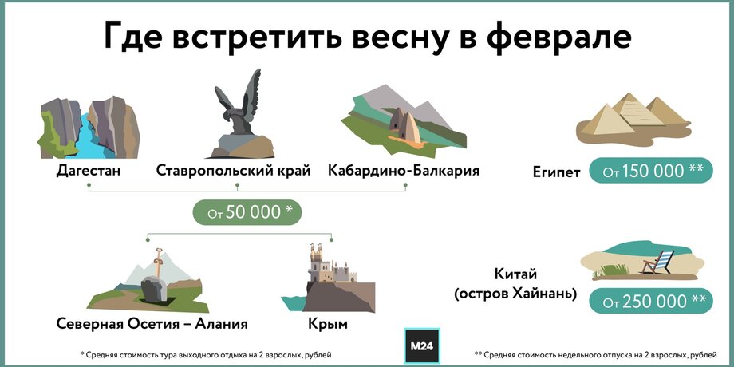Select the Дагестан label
[89, 171]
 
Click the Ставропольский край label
[233, 171]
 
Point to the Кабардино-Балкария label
[404, 171]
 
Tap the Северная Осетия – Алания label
[152, 323]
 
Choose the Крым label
[328, 324]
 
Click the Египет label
[556, 172]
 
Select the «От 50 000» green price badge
[247, 212]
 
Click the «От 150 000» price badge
[651, 170]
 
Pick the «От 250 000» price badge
[651, 301]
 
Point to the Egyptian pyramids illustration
[633, 117]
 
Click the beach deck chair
[658, 261]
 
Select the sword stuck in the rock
[159, 265]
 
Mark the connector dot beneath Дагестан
[89, 185]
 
